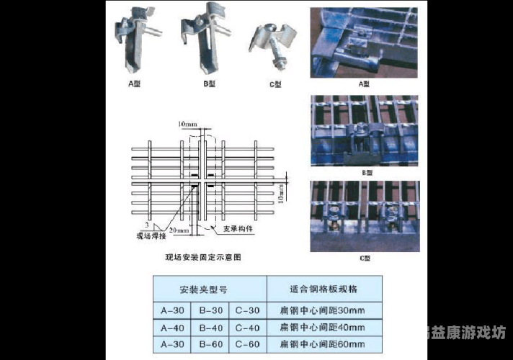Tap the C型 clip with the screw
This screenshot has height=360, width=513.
point(272,43)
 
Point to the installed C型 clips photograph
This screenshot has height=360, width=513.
point(363,215)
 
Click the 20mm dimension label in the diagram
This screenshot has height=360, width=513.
point(180,231)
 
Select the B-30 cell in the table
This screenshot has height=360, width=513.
point(210,310)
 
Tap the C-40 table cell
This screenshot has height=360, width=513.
point(246,328)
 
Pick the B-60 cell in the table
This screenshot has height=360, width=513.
point(210,344)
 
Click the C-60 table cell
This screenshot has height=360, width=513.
point(246,344)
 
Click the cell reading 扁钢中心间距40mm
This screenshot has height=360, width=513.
point(322,328)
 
